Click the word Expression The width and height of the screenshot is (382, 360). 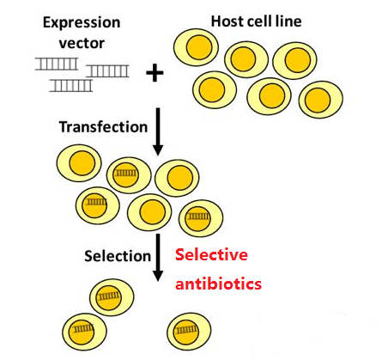pos(82,23)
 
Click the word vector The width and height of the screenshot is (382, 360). pos(82,43)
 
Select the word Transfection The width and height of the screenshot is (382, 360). pos(103,127)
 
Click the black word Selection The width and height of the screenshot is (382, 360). pos(118,256)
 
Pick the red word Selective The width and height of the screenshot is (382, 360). pos(211,254)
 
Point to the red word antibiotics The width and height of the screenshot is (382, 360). pos(218,284)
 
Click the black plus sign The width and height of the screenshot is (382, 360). pos(155,73)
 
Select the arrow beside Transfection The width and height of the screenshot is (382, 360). pos(158,131)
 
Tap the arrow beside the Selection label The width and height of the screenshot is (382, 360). pos(158,258)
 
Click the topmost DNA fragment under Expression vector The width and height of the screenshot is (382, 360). pos(57,64)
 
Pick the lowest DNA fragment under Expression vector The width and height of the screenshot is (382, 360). pos(71,85)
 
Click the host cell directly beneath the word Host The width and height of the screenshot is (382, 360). pos(196,47)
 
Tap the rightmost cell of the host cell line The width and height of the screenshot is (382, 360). pos(321,100)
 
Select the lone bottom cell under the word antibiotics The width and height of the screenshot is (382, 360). pos(189,331)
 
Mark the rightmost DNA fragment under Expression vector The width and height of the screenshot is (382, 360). pos(107,71)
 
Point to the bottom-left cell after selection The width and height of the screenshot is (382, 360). pos(85,331)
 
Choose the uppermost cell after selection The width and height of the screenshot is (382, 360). pos(112,296)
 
